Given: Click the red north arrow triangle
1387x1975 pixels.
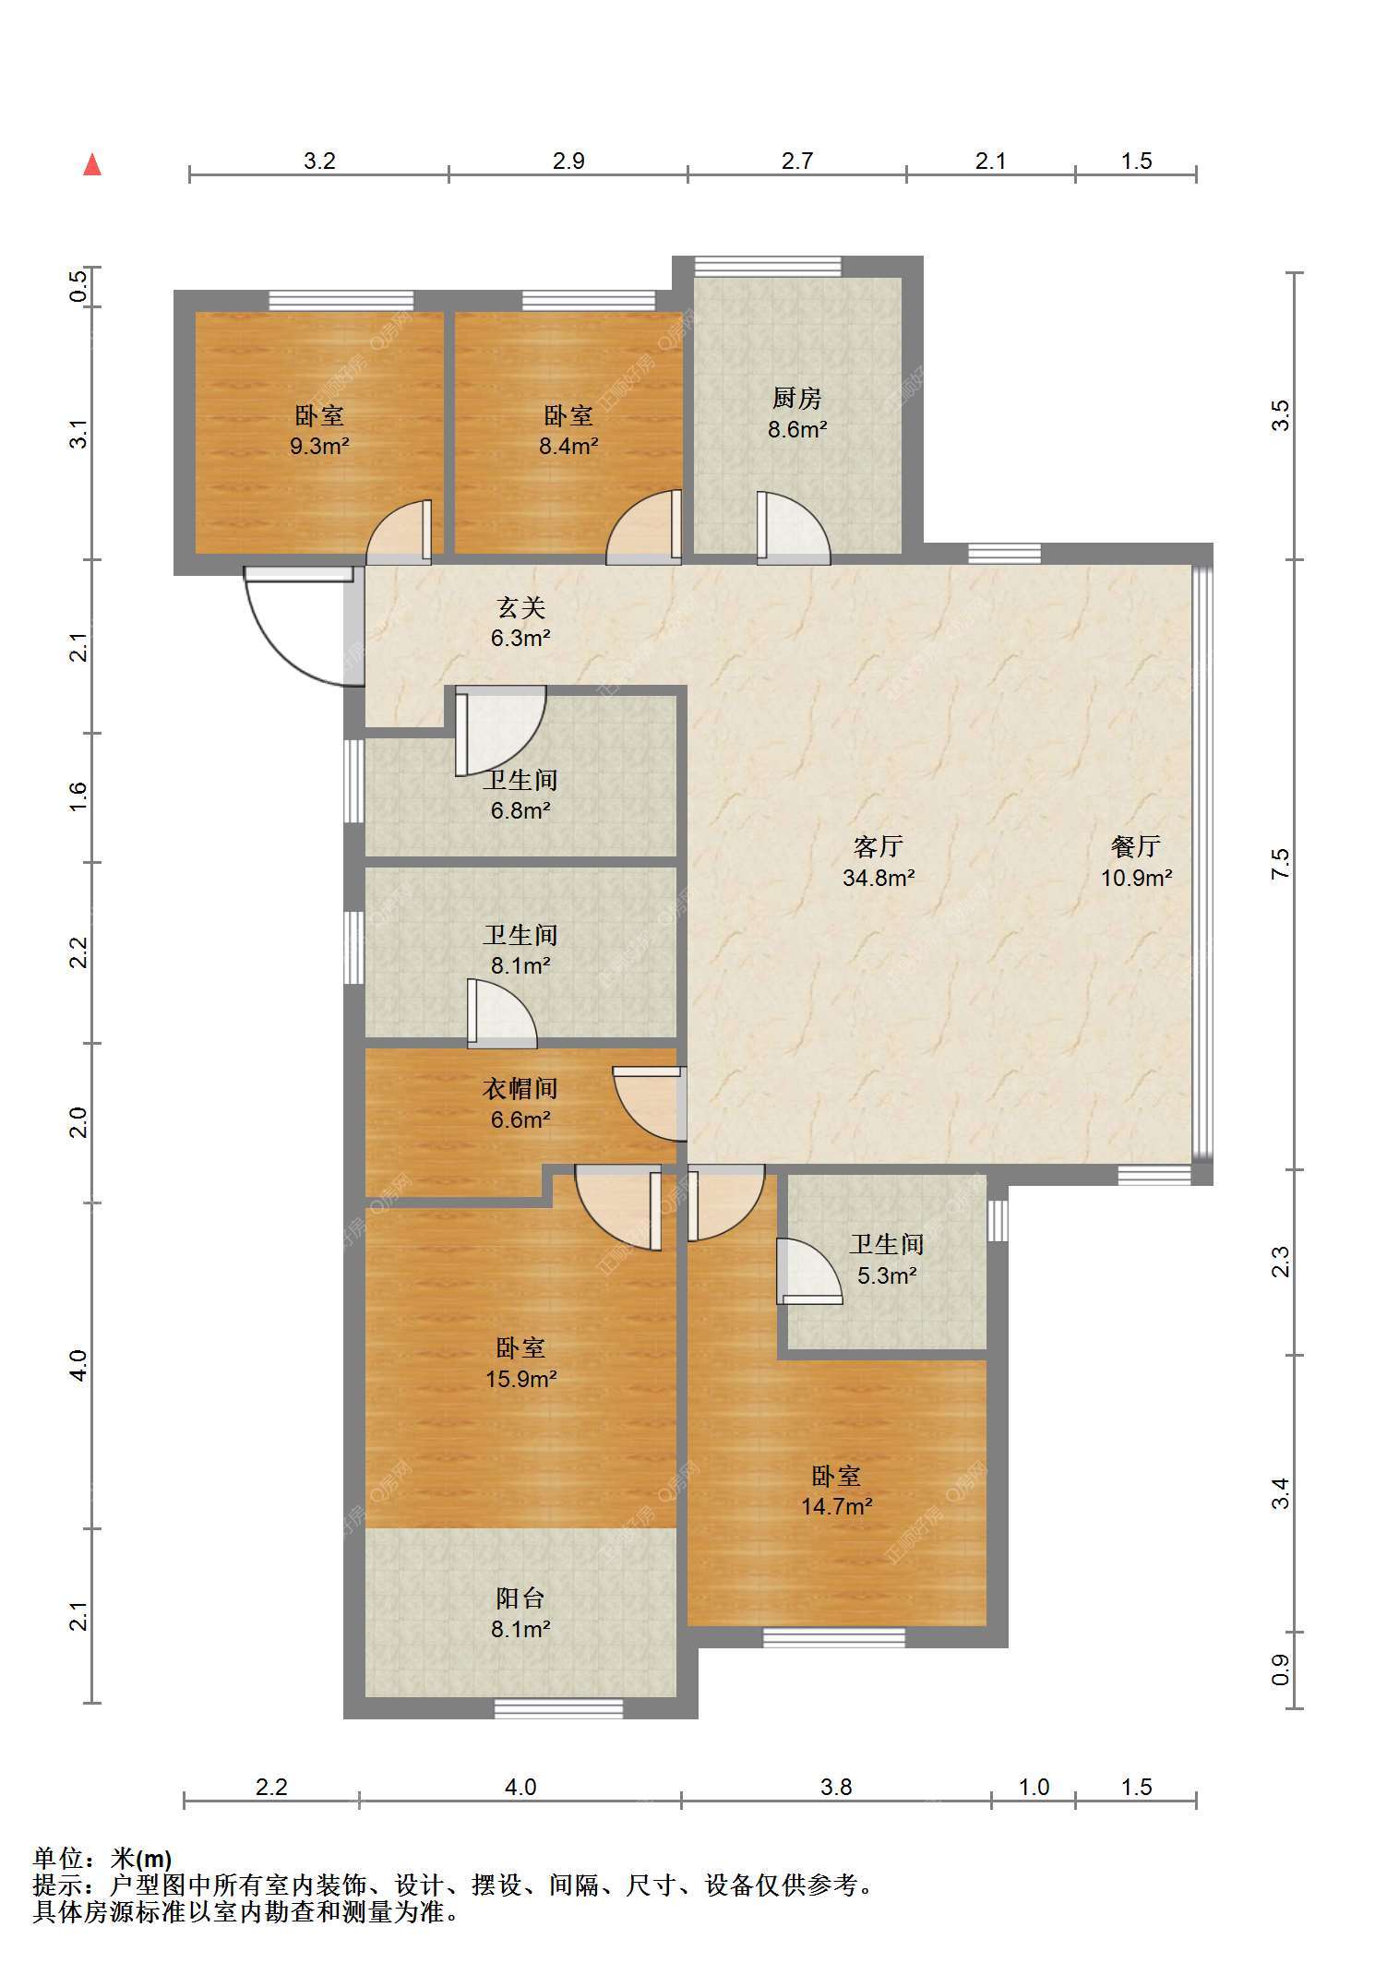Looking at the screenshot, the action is pos(92,165).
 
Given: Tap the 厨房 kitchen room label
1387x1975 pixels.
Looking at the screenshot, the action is pos(796,398).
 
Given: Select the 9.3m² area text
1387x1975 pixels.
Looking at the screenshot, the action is pos(319,447).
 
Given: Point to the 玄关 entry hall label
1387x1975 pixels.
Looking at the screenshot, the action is pos(521,606).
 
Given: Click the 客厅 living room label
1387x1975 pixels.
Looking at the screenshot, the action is pos(879,846).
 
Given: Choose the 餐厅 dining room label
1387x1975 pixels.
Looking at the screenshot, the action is pos(1136,846).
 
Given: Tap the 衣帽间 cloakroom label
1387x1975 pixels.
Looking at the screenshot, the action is pos(520,1089).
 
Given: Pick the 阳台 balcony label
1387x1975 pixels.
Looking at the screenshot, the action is pos(520,1598).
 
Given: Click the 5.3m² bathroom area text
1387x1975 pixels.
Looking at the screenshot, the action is pos(887,1275).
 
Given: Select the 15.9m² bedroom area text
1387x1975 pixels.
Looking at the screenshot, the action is pos(521,1379).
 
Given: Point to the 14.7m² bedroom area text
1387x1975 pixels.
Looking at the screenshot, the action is pos(837,1507).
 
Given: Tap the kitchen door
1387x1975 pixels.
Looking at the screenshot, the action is pos(793,527).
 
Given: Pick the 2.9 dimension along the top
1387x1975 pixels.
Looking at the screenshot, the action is pos(569,161).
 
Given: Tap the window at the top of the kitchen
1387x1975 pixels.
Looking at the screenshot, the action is pos(768,266).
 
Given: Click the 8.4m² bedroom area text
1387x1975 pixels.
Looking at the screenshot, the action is pos(569,447).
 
